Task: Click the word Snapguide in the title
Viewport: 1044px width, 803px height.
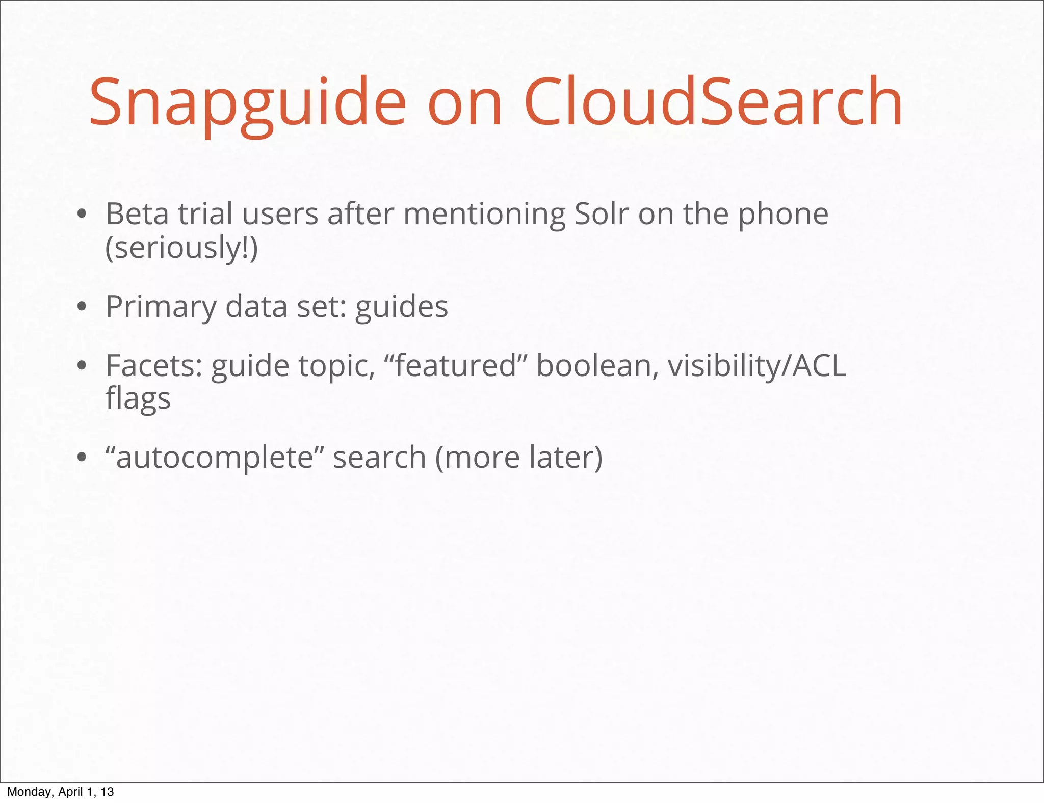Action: pyautogui.click(x=247, y=102)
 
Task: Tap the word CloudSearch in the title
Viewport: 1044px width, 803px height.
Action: pyautogui.click(x=713, y=102)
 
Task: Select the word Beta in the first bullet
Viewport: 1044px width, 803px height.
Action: pyautogui.click(x=137, y=214)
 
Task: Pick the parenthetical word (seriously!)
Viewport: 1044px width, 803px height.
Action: pyautogui.click(x=181, y=248)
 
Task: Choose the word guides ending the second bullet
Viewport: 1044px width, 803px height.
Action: pyautogui.click(x=401, y=307)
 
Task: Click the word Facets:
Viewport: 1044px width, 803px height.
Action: pyautogui.click(x=154, y=366)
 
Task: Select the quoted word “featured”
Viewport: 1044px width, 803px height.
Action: pyautogui.click(x=456, y=366)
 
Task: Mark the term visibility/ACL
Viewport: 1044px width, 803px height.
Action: pyautogui.click(x=756, y=367)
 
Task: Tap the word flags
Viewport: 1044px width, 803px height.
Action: pyautogui.click(x=138, y=399)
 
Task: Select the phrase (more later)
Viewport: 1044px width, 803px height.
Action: pyautogui.click(x=518, y=458)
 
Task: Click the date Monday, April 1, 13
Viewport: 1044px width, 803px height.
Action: pyautogui.click(x=60, y=792)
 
